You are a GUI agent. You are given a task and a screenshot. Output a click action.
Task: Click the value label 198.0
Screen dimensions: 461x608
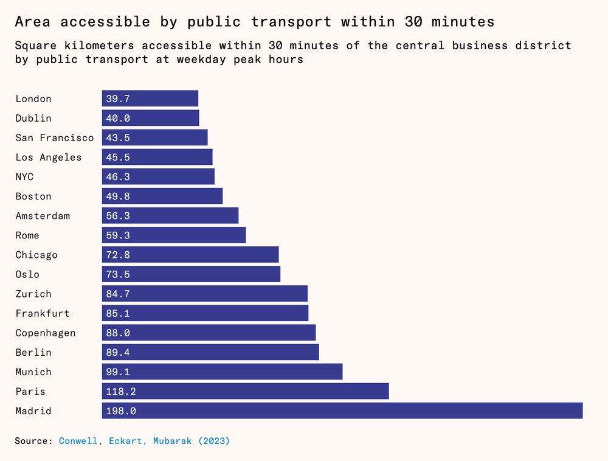(x=121, y=411)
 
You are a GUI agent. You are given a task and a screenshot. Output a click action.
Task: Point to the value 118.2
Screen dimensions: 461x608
(x=121, y=392)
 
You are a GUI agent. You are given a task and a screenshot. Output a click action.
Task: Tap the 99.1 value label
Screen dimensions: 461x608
(x=118, y=372)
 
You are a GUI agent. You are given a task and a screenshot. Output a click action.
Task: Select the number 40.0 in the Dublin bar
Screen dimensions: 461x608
(x=118, y=119)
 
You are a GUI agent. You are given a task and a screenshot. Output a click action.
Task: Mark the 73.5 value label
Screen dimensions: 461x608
(x=118, y=274)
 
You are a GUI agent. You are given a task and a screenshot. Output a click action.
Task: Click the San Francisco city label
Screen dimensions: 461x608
(x=55, y=138)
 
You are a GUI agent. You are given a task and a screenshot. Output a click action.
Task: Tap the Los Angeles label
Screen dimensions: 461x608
(x=49, y=158)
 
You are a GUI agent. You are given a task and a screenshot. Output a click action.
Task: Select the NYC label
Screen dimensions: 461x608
(x=24, y=177)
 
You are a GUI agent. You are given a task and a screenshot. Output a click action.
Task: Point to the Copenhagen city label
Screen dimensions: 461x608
(x=46, y=333)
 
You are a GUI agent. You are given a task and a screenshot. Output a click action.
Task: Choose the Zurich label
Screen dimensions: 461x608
(x=33, y=294)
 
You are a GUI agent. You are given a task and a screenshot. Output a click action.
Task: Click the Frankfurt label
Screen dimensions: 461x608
(x=43, y=313)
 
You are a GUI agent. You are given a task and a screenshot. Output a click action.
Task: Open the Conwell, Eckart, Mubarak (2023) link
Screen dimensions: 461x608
(x=144, y=441)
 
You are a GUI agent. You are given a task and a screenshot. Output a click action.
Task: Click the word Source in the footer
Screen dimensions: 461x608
(x=33, y=441)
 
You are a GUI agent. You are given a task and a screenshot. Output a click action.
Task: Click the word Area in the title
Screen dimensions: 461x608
(x=32, y=22)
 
